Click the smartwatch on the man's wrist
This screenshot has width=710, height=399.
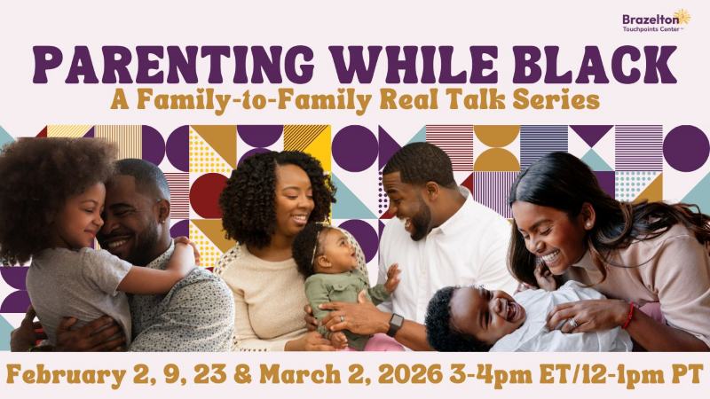(x=394, y=325)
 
